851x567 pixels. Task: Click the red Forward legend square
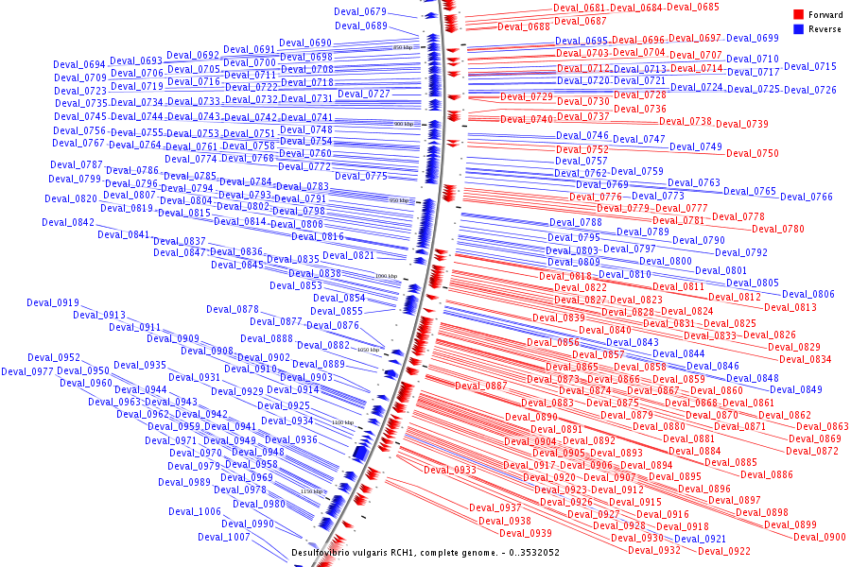click(798, 15)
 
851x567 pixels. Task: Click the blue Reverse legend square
click(798, 29)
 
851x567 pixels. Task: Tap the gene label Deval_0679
click(360, 11)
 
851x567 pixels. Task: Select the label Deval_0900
click(820, 537)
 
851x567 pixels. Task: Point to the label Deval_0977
click(27, 371)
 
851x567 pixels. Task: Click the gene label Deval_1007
click(224, 537)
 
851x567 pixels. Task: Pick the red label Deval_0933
click(450, 470)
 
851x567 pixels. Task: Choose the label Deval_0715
click(810, 67)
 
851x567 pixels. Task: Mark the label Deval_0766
click(807, 197)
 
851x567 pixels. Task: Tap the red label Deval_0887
click(481, 386)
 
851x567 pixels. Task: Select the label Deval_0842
click(68, 223)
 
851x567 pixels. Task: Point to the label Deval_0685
click(693, 8)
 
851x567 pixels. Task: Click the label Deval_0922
click(725, 551)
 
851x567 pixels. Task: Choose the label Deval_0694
click(79, 64)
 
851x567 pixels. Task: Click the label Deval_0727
click(364, 94)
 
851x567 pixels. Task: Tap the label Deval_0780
click(778, 229)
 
